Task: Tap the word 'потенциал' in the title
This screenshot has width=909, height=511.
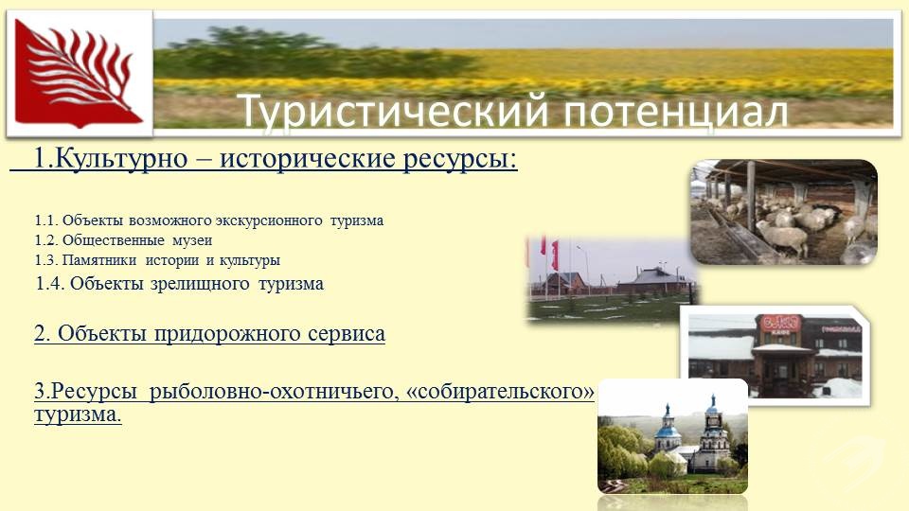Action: (x=675, y=112)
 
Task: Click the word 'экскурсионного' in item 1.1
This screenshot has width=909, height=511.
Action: (x=268, y=220)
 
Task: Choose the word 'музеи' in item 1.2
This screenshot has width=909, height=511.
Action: (x=192, y=240)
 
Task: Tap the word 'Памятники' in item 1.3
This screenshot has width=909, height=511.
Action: (x=99, y=260)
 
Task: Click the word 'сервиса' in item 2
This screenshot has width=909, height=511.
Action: (x=347, y=334)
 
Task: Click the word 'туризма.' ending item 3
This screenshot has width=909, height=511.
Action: (x=78, y=414)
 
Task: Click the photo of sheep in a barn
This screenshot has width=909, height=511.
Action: (x=784, y=212)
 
